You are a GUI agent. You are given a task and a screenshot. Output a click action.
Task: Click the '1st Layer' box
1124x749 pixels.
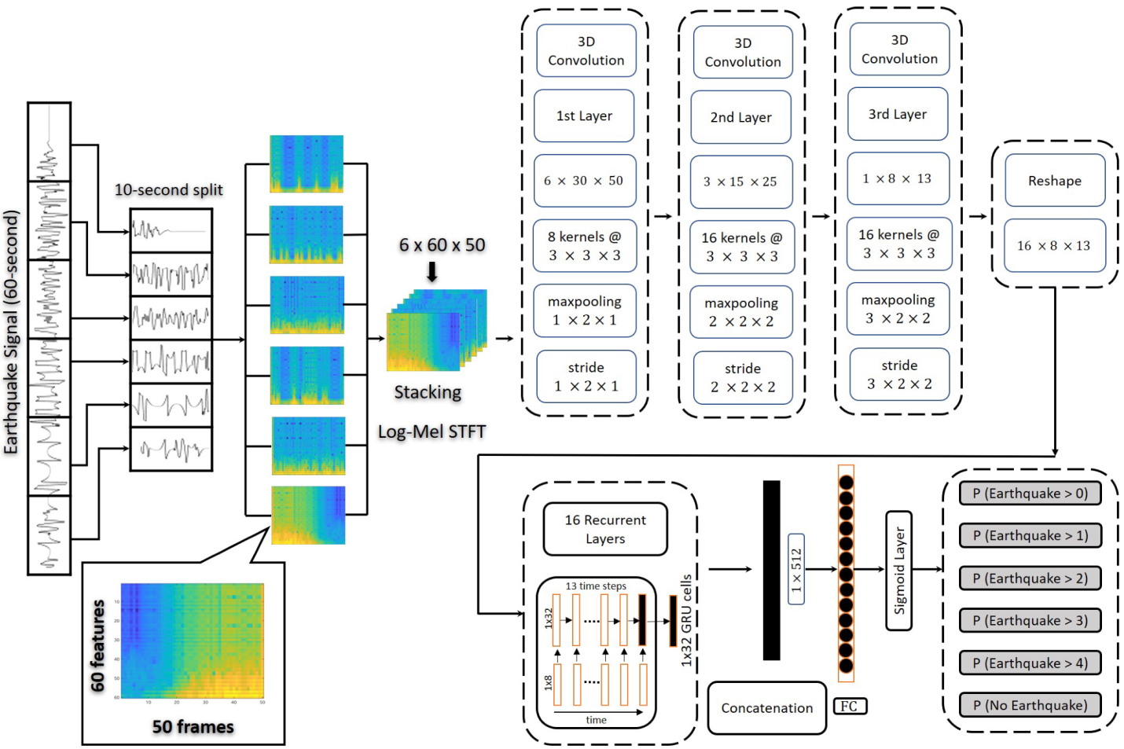click(584, 116)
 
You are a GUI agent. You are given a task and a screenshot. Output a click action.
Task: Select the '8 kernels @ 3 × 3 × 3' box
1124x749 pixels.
click(585, 246)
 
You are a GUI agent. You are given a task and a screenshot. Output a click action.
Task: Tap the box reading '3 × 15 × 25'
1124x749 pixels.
click(740, 182)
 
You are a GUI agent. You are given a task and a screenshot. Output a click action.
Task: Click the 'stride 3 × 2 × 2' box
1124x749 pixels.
click(899, 375)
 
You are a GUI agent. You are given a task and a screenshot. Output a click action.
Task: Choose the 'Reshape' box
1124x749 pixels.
click(1055, 181)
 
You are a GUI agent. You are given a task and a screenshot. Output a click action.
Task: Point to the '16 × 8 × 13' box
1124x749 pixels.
click(1053, 246)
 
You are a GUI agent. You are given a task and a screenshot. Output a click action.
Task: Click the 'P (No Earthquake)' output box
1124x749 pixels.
click(1030, 705)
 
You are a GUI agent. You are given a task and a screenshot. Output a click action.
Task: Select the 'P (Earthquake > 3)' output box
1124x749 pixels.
click(1030, 620)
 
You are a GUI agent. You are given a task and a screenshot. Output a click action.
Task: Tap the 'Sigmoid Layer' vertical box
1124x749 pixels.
click(899, 570)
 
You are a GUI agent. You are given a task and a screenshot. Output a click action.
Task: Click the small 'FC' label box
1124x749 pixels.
click(850, 706)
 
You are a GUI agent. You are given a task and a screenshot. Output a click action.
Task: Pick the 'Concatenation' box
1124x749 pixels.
click(766, 708)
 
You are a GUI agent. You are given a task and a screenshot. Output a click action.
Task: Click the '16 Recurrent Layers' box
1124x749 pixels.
click(605, 529)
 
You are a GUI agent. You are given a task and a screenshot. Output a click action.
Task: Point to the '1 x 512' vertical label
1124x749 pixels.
click(796, 570)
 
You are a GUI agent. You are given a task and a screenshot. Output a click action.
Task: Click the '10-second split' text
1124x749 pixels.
click(168, 190)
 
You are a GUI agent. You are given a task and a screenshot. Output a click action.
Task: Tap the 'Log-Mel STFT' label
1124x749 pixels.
click(432, 431)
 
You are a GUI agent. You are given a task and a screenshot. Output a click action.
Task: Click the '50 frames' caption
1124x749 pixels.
click(193, 726)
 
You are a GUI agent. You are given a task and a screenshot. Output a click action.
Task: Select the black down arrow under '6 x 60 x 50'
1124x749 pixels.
click(432, 272)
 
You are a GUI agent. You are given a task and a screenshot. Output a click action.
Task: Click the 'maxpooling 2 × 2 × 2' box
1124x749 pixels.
click(740, 312)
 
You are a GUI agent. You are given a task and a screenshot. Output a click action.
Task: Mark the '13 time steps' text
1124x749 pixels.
click(596, 586)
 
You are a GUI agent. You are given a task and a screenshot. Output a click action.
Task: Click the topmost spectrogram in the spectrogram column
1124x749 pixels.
click(307, 163)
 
